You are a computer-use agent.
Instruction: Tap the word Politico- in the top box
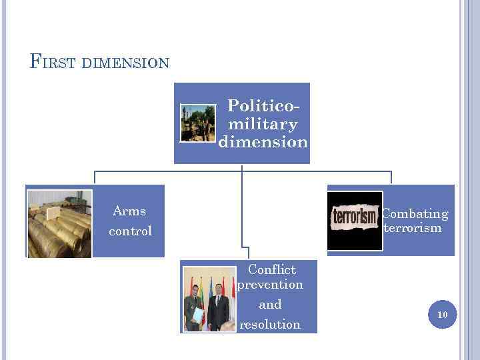click(263, 105)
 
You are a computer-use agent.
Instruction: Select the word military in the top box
click(263, 124)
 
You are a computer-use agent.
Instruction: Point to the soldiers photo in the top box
click(198, 123)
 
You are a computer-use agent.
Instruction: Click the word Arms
click(129, 211)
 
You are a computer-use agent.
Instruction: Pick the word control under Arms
click(131, 231)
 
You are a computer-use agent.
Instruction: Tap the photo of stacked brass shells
click(59, 224)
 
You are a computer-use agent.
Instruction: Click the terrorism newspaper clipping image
click(355, 219)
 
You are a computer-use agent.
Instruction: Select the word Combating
click(415, 214)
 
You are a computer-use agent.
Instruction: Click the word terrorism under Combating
click(413, 228)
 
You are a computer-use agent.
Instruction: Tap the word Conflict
click(271, 269)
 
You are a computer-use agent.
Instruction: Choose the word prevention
click(271, 285)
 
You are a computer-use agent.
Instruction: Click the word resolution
click(270, 325)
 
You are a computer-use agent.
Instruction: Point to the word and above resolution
click(270, 305)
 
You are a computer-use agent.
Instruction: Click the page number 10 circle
click(442, 314)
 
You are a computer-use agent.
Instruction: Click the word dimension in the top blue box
click(263, 142)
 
